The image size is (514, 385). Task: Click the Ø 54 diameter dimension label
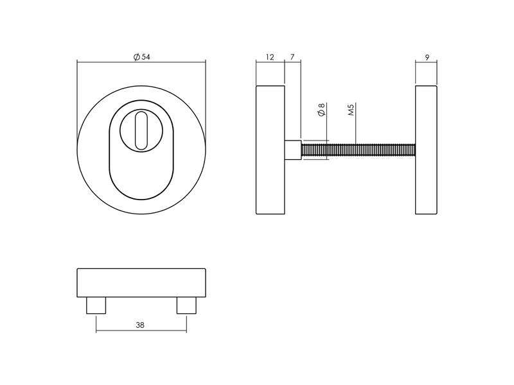click(x=141, y=57)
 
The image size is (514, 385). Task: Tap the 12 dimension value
click(x=270, y=57)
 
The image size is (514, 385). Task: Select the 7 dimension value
click(x=292, y=57)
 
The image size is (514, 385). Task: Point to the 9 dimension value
click(x=427, y=58)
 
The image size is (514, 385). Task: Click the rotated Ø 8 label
click(x=321, y=110)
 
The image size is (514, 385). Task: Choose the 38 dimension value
click(x=140, y=325)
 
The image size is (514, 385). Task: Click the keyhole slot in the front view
click(x=141, y=131)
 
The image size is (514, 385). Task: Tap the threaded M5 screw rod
click(x=359, y=150)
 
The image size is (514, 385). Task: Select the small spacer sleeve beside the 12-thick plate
click(x=293, y=150)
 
